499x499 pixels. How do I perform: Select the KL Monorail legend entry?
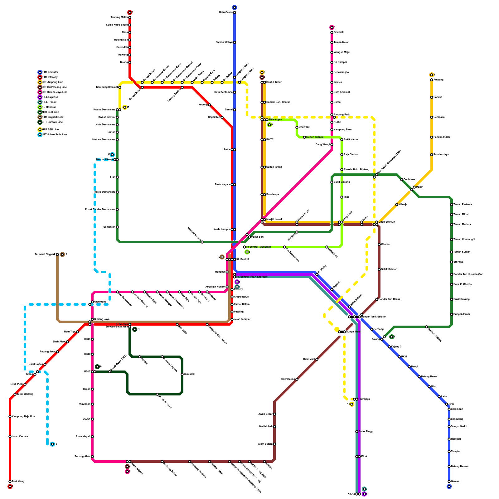(x=49, y=107)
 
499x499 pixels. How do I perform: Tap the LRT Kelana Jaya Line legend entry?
(x=55, y=92)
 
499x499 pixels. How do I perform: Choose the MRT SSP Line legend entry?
(x=50, y=130)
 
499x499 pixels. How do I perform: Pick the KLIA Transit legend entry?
(x=49, y=102)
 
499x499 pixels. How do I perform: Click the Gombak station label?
(x=339, y=32)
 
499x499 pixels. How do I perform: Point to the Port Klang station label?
(x=18, y=482)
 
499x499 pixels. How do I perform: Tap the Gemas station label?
(x=455, y=482)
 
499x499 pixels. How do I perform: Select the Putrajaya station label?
(x=364, y=399)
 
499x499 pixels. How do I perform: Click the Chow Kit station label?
(x=304, y=127)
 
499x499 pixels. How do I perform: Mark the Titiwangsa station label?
(x=275, y=120)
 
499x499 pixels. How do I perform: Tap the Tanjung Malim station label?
(x=119, y=17)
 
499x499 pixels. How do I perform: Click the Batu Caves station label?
(x=226, y=12)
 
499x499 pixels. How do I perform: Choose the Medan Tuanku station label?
(x=315, y=137)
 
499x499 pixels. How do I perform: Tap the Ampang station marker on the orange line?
(x=432, y=80)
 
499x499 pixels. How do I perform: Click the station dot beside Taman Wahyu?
(x=235, y=42)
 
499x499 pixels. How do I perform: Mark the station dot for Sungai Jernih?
(x=452, y=314)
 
